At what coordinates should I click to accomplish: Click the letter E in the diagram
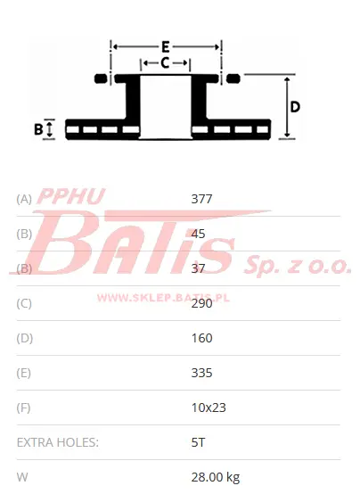166,47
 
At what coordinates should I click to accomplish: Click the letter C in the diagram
165,63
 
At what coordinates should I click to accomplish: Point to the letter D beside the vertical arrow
295,107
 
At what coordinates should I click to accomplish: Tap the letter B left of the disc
38,129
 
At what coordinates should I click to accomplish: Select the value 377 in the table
201,199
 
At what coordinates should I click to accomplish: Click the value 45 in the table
198,234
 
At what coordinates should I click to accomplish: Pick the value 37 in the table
198,268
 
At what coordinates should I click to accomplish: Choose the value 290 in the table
201,303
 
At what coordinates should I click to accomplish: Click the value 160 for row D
201,338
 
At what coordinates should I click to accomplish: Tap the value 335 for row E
201,373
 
